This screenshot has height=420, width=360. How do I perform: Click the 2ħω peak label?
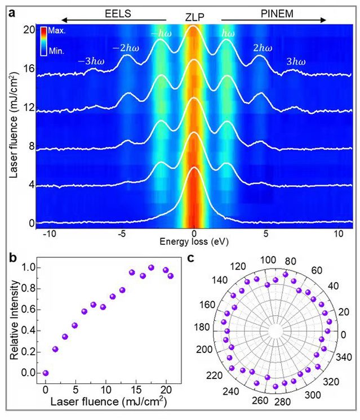(x=263, y=48)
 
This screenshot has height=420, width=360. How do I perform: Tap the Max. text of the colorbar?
(x=57, y=31)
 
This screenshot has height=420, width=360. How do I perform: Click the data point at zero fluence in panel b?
(x=46, y=373)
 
